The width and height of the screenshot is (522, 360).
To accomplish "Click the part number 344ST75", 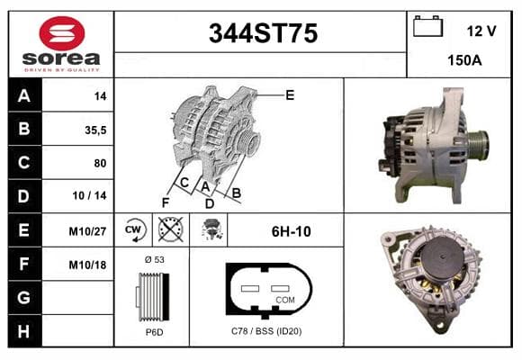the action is point(263,33).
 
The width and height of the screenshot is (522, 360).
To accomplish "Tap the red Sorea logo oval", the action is point(62,33).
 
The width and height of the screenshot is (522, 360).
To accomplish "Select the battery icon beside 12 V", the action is point(427,26).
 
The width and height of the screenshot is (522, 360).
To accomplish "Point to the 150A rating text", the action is point(464,60).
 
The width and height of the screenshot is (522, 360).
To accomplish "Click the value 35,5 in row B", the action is point(95,130).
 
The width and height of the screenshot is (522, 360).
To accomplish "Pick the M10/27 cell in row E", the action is point(87,231).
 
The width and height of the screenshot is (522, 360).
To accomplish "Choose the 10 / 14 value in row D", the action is point(90,195).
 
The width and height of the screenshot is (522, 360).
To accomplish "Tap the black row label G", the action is point(24,297).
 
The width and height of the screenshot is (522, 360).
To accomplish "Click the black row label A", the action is point(24,95).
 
